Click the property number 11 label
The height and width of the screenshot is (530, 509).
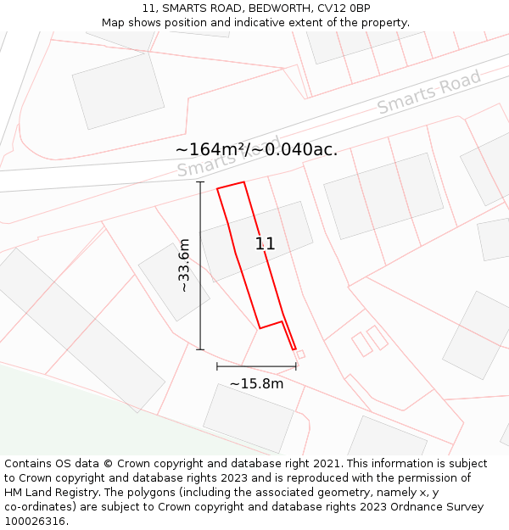coord(266,244)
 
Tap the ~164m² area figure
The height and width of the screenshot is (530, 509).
coord(211,150)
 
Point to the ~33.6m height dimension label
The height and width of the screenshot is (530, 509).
coord(184,265)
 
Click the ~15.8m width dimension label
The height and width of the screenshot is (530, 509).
coord(256,383)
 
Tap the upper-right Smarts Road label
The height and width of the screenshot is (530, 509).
coord(429,92)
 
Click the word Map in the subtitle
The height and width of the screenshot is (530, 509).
coord(113,22)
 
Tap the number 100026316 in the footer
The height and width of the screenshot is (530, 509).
coord(35,522)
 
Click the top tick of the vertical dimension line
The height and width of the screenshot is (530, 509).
coord(201,181)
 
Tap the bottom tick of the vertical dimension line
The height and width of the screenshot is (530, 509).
coord(201,349)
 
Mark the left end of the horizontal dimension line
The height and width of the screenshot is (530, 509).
coord(217,366)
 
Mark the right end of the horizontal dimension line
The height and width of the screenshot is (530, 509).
coord(296,366)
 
